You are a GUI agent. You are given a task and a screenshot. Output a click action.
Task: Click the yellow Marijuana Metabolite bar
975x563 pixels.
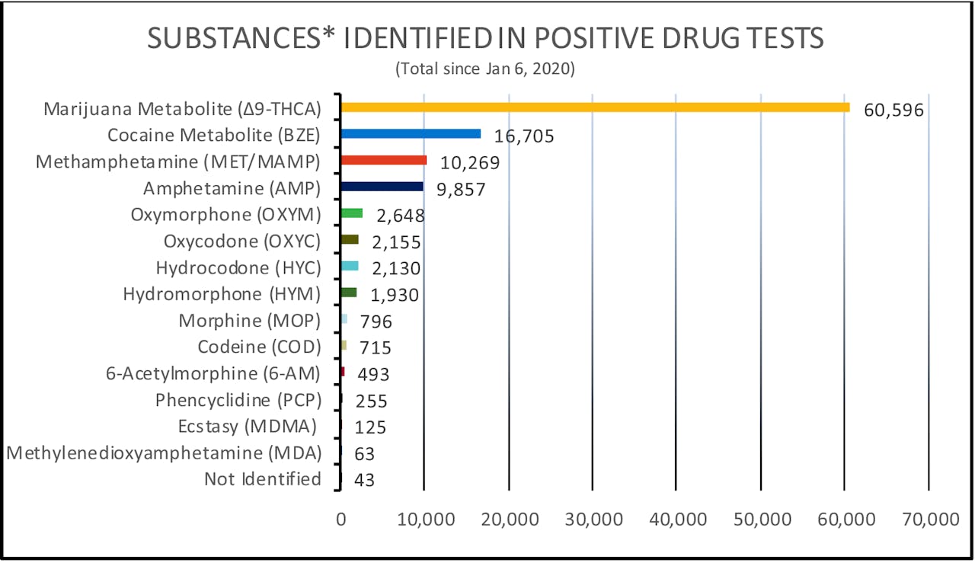coord(595,107)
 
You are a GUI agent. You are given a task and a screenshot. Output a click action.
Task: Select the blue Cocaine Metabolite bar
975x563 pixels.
coord(411,133)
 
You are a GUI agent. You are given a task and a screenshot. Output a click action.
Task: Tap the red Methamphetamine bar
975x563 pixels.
coord(383,160)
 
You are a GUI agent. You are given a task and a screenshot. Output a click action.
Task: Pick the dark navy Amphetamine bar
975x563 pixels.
coord(382,187)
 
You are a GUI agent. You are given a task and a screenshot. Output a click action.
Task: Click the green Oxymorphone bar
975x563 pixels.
coord(352,213)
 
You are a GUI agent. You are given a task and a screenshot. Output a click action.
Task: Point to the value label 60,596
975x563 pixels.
coord(893,110)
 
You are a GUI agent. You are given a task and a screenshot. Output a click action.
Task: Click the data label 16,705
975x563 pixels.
coord(523,137)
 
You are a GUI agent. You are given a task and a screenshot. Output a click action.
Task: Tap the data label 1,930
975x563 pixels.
coord(389,295)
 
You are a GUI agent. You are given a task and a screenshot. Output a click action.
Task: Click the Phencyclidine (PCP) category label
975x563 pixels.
coord(238,400)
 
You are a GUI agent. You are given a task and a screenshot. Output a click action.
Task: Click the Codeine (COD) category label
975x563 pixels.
coord(259,347)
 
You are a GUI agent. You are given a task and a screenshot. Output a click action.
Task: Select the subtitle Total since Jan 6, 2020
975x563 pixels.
coord(485,69)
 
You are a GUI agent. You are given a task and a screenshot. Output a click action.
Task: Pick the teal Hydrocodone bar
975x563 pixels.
coord(350,266)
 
